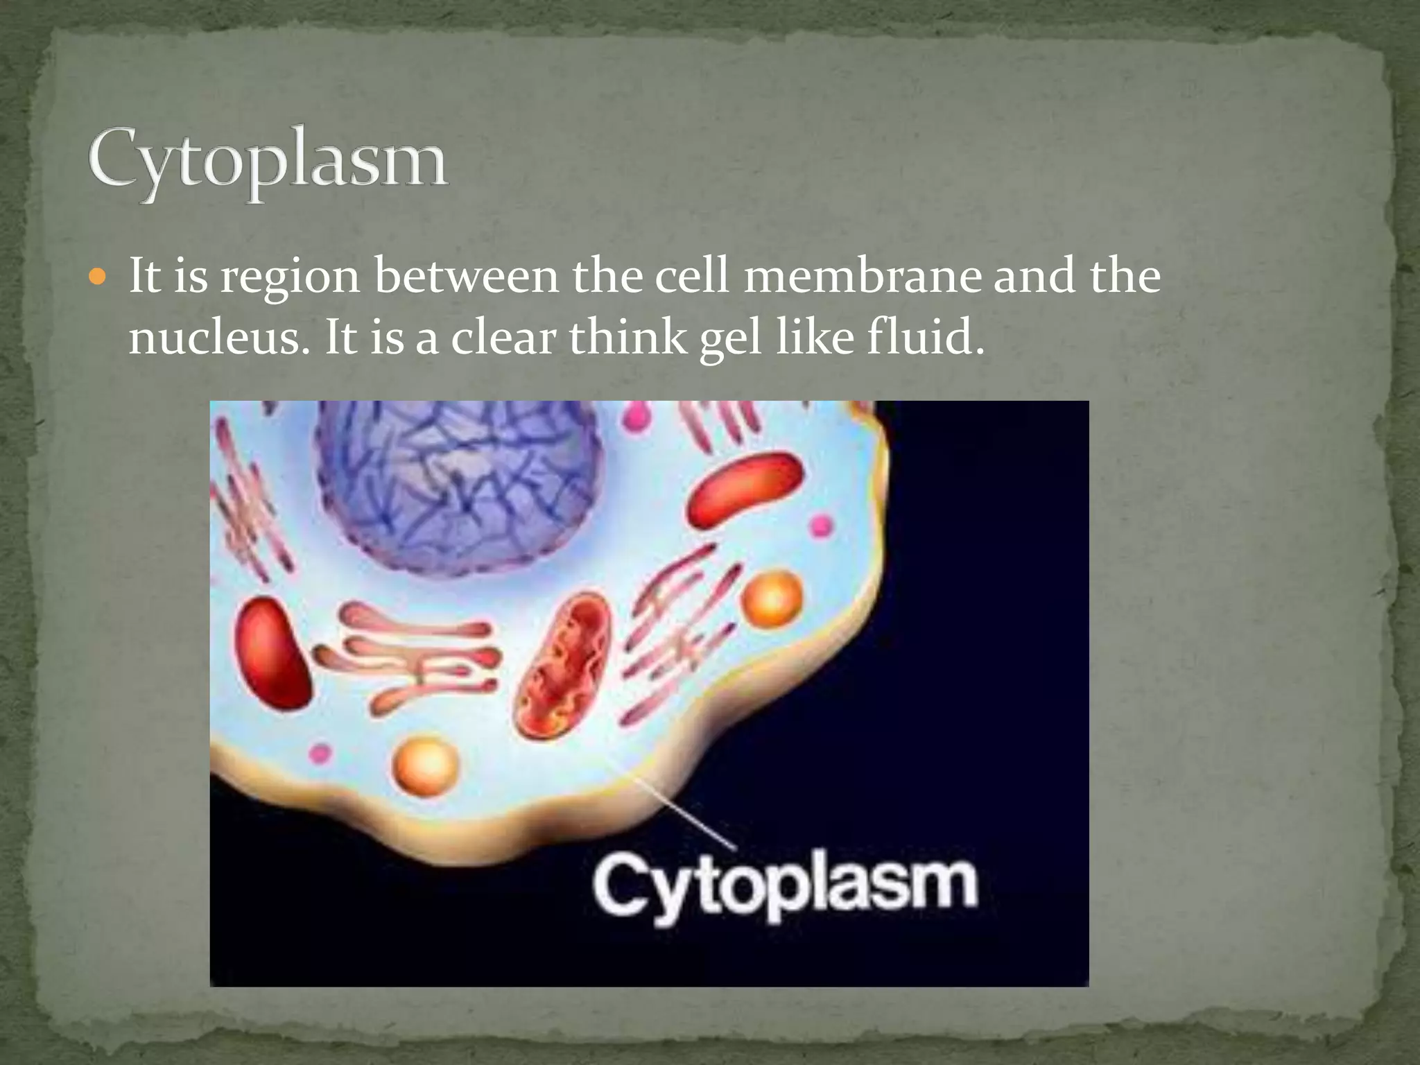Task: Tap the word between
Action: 466,276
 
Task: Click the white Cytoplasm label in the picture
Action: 785,890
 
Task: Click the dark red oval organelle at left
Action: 272,652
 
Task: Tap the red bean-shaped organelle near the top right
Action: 745,490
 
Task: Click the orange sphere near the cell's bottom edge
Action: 426,765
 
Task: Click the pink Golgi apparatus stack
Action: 416,655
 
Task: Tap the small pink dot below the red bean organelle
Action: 822,525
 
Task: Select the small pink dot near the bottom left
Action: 320,753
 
